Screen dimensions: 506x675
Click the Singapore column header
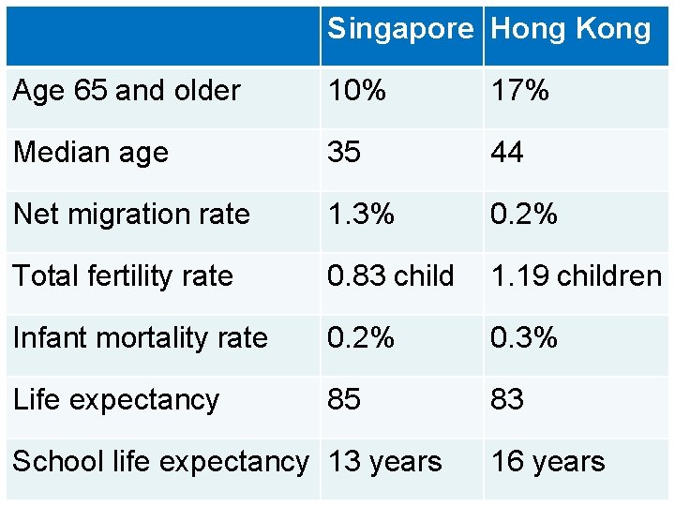400,29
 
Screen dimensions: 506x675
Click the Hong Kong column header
570,29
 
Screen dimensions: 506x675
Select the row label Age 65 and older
127,91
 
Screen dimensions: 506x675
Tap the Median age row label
91,152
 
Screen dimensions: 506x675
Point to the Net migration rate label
131,214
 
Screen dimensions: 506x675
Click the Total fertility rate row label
123,275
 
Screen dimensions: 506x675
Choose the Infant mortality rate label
141,337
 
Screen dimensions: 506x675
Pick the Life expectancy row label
116,399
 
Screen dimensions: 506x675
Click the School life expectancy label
160,461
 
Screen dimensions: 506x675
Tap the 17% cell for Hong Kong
519,91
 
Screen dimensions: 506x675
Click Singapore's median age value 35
344,152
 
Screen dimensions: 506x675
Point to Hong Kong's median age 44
507,152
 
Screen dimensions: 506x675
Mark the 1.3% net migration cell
361,214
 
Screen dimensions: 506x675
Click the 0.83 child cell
390,275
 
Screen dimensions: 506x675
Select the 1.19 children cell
577,275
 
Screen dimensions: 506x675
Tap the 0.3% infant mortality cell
524,337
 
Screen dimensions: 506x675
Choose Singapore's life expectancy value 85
344,399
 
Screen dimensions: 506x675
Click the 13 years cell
385,461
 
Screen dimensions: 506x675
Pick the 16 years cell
548,461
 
